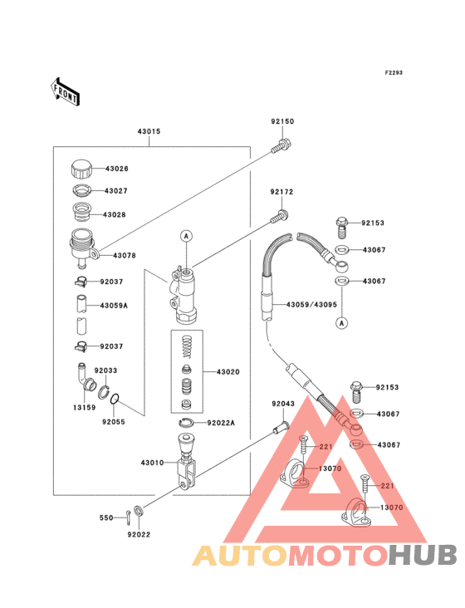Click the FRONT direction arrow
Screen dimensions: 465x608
coord(65,91)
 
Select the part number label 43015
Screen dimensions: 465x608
coord(149,131)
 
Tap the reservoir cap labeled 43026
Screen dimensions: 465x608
coord(81,168)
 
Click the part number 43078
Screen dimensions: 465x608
coord(125,256)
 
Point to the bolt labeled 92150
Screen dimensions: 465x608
coord(281,146)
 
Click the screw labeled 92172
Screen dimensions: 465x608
coord(280,217)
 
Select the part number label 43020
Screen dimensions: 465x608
coord(228,372)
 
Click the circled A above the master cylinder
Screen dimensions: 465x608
coord(186,236)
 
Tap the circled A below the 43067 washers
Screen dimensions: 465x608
coord(341,322)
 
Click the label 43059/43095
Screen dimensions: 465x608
coord(311,305)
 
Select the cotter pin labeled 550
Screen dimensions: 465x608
coord(129,517)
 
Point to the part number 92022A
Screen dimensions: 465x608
coord(221,423)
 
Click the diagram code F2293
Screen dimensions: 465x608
coord(394,72)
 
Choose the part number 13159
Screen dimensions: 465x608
coord(84,408)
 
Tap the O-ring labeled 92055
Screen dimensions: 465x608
coord(115,399)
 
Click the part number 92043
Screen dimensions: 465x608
coord(283,404)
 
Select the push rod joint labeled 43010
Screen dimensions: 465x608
coord(187,462)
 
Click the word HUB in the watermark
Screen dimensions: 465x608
coord(423,555)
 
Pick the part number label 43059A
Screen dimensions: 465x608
coord(114,306)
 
